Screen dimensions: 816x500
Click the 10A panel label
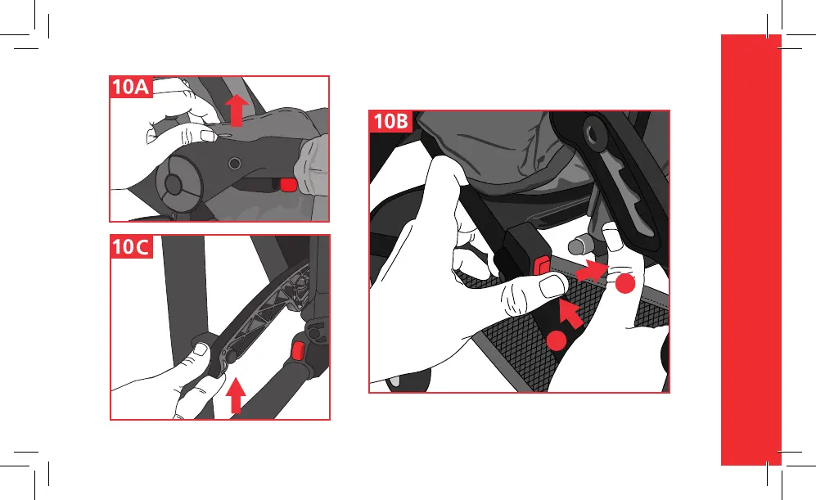[131, 87]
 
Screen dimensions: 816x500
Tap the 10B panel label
[391, 121]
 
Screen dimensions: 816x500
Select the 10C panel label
[131, 246]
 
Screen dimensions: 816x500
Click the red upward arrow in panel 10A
[237, 110]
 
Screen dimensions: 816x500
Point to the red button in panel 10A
[288, 185]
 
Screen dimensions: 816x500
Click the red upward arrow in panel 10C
[236, 395]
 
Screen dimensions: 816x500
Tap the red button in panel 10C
[298, 351]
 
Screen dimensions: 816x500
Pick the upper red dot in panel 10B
[625, 284]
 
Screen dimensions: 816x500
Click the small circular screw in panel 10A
[235, 164]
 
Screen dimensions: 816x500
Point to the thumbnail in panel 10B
[552, 286]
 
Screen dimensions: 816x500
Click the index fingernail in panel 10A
[208, 135]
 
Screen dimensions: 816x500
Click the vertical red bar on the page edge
[751, 250]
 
